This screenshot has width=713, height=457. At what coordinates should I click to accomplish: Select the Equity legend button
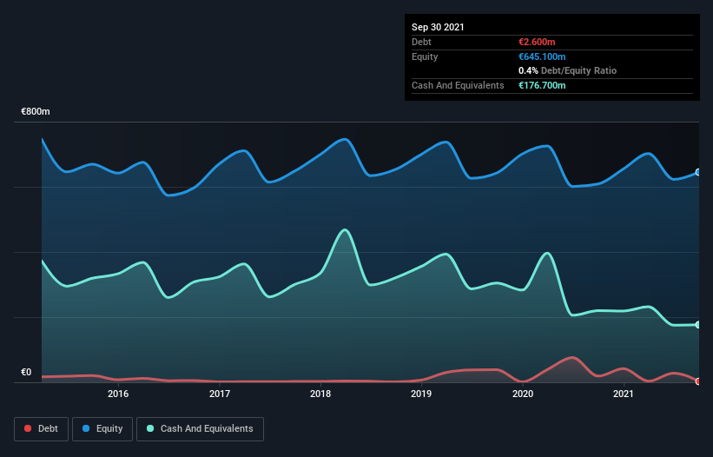point(102,428)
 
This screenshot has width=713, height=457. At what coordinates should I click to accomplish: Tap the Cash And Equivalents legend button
point(200,428)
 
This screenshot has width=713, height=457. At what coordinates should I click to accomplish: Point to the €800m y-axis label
point(36,112)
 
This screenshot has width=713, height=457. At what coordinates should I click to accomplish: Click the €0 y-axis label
point(26,373)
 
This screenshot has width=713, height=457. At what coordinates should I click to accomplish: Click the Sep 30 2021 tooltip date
point(438,27)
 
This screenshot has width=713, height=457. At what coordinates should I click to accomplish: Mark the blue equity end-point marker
point(698,172)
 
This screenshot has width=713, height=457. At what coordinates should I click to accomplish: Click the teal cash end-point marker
point(698,325)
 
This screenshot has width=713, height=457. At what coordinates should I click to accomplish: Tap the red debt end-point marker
point(698,381)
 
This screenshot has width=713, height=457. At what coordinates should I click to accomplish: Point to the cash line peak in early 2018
point(346,229)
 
